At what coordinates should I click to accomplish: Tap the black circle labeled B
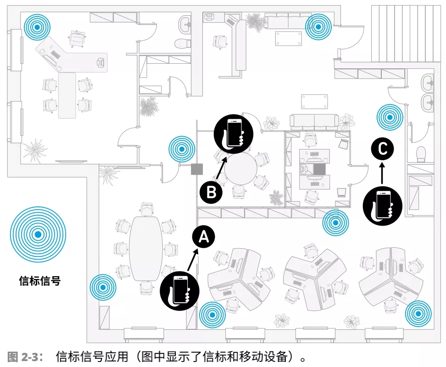[x=211, y=192]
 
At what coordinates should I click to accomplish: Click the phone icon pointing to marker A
[x=180, y=289]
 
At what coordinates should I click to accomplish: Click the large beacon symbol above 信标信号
[x=38, y=234]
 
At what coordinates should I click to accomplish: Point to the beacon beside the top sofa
[x=319, y=26]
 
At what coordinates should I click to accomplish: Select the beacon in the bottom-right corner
[x=418, y=314]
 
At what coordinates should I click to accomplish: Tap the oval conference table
[x=146, y=248]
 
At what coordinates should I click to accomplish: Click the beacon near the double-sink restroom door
[x=390, y=117]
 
